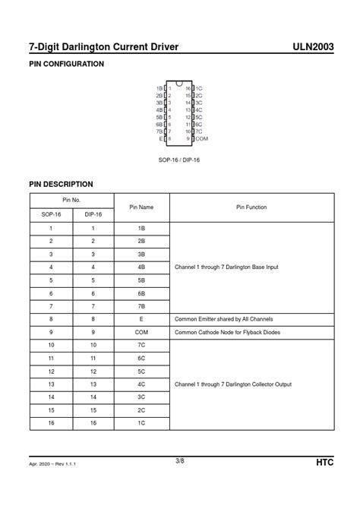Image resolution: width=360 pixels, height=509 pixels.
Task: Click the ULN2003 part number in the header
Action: (313, 47)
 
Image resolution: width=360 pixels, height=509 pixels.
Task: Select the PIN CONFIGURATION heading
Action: (66, 65)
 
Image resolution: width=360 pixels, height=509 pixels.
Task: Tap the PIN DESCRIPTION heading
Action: (61, 184)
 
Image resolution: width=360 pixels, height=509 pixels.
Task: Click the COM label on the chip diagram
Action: (201, 139)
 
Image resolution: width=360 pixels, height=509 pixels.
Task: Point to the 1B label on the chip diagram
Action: (159, 88)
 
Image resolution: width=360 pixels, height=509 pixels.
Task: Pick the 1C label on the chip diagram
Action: (199, 88)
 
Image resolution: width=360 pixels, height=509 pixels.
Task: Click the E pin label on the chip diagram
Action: (161, 139)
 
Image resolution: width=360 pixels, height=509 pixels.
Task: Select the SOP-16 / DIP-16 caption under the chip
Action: (179, 160)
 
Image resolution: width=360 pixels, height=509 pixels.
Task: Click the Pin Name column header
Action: (141, 207)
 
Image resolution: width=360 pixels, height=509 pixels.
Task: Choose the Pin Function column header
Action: (251, 207)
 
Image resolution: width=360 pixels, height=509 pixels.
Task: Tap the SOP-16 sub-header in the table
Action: (51, 214)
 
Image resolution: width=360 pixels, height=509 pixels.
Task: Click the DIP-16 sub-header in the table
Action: (93, 214)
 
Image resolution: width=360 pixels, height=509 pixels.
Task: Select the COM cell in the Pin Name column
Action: (141, 332)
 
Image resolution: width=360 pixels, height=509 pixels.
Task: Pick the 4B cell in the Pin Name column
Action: (141, 267)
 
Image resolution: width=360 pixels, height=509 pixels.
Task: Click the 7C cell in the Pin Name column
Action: (141, 345)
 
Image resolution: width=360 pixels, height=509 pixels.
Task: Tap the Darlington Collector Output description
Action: (233, 384)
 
